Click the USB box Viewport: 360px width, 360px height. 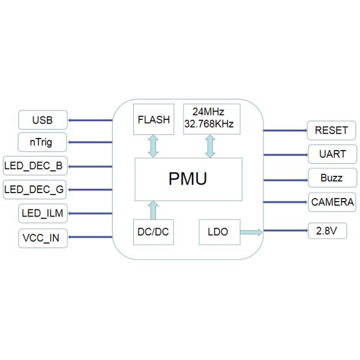click(x=42, y=120)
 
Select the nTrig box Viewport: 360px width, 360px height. click(x=42, y=142)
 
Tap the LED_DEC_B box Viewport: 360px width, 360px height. click(x=34, y=165)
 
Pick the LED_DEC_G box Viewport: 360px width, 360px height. click(x=34, y=189)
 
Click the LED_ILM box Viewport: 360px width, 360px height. click(x=42, y=213)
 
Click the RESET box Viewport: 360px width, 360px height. click(x=331, y=130)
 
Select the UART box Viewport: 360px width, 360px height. click(x=331, y=154)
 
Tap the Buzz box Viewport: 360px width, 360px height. click(x=331, y=178)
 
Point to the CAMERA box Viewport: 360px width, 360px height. click(x=332, y=202)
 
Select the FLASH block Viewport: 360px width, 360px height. click(x=154, y=119)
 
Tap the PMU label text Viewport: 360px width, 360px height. click(x=188, y=179)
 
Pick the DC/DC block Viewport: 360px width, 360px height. click(x=153, y=232)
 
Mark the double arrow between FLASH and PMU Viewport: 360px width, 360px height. click(x=154, y=146)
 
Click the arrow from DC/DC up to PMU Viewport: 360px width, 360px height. click(x=153, y=210)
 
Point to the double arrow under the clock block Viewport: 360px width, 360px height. click(x=211, y=146)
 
